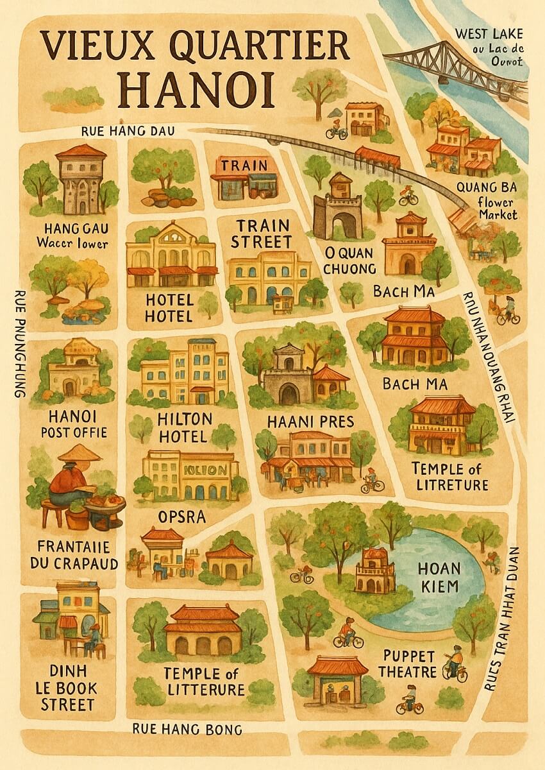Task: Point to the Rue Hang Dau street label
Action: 129,131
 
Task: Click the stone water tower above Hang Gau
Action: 81,180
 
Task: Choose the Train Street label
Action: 261,234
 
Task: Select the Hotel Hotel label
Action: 169,307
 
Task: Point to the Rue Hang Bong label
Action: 187,729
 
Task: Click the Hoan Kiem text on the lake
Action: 439,577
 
